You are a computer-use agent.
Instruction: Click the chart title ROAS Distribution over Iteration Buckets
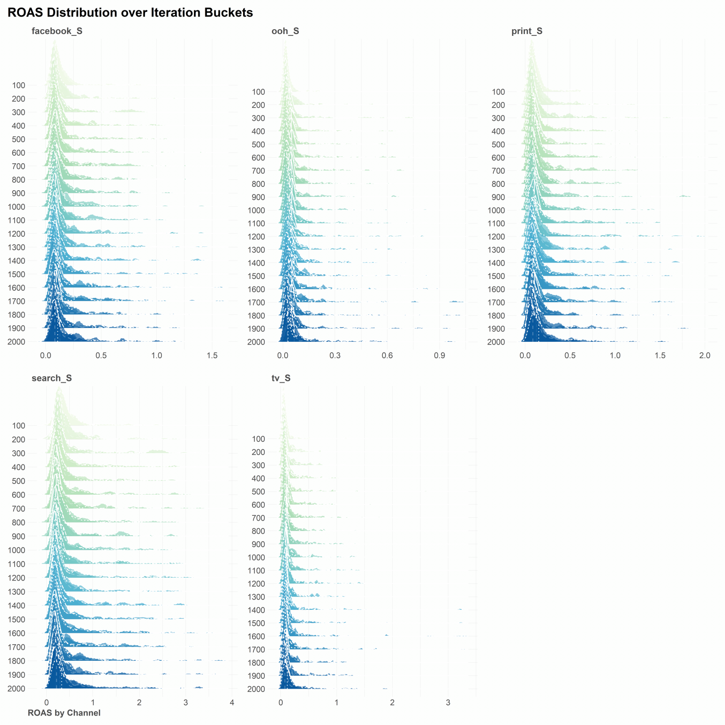tap(130, 13)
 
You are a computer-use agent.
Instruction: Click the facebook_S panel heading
tap(57, 31)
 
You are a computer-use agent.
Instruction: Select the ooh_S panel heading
tap(285, 31)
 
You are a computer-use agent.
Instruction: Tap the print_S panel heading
tap(527, 31)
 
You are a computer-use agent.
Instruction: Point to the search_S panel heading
tap(51, 378)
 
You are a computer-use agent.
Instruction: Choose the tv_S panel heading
tap(281, 378)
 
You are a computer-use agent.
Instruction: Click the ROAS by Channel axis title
tap(64, 713)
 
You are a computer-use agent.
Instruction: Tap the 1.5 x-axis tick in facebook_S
tap(212, 355)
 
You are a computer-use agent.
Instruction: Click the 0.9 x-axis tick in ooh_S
tap(439, 355)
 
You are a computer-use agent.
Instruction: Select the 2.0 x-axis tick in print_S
tap(705, 355)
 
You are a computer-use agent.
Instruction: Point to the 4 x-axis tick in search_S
tap(232, 703)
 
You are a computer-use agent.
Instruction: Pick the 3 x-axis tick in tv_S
tap(448, 703)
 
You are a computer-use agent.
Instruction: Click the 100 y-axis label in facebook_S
tap(19, 85)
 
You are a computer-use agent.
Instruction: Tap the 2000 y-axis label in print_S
tap(496, 342)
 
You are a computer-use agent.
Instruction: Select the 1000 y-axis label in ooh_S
tap(256, 211)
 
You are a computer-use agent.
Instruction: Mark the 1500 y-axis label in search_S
tap(17, 619)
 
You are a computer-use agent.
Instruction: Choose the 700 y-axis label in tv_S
tap(259, 518)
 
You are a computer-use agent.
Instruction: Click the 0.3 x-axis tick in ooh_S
tap(335, 355)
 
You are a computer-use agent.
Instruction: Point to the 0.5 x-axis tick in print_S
tap(570, 355)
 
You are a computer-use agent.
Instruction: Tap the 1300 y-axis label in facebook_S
tap(17, 247)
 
